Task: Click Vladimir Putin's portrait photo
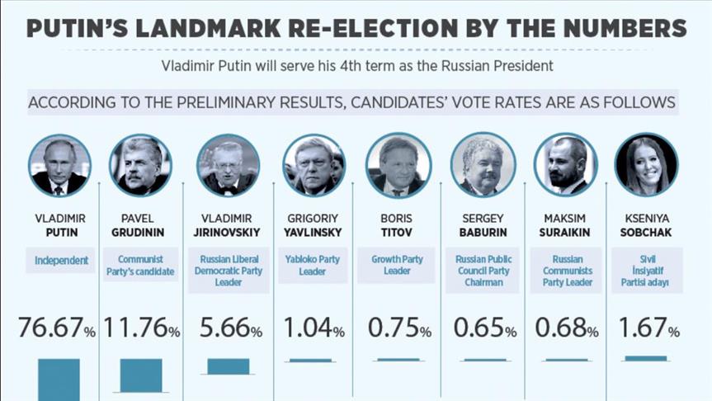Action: coord(59,165)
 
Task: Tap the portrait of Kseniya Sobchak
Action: coord(646,165)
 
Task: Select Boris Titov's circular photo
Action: coord(398,165)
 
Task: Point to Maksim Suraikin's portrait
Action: coord(565,165)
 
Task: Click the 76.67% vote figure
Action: coord(57,329)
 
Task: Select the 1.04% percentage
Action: coord(314,329)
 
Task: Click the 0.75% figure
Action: coord(399,329)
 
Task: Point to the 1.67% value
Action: coord(651,329)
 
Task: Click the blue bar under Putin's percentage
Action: coord(59,379)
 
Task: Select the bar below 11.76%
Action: coord(141,375)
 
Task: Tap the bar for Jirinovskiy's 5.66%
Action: coord(228,366)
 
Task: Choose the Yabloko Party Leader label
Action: coord(313,265)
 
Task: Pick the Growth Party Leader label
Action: coord(398,265)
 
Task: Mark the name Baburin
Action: coord(483,233)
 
